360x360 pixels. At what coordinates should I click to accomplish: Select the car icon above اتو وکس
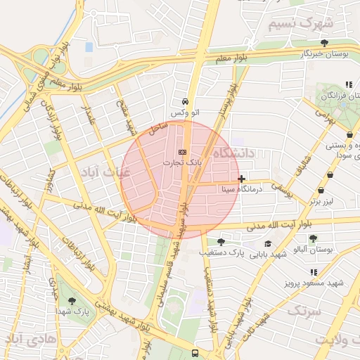(x=184, y=101)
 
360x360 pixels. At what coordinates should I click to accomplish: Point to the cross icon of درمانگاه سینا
(x=243, y=179)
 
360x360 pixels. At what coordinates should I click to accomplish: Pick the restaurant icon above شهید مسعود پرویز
(x=314, y=271)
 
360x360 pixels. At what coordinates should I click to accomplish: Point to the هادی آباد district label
(x=31, y=340)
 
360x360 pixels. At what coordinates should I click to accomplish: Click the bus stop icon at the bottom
(x=195, y=353)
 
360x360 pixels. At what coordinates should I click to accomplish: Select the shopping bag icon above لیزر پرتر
(x=321, y=190)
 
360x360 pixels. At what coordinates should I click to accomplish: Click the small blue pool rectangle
(x=89, y=47)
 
